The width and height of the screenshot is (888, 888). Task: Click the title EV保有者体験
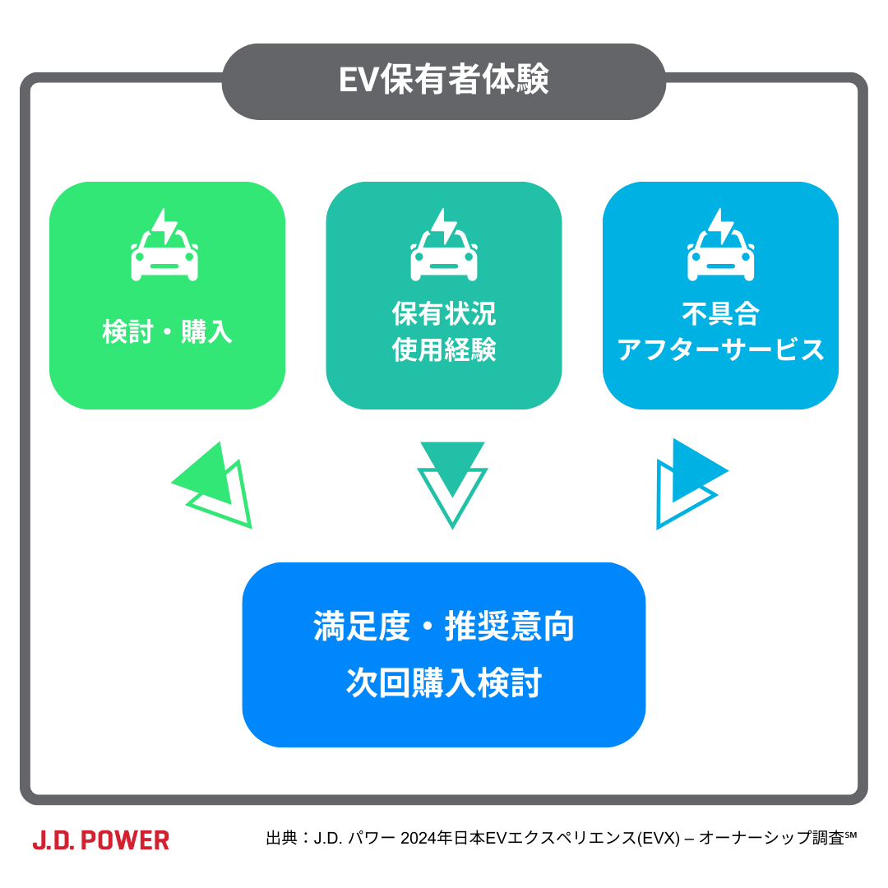443,81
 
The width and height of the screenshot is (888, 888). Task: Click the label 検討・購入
168,331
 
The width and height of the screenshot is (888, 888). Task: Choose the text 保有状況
444,314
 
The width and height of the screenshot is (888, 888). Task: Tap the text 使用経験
444,351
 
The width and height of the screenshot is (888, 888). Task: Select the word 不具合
720,314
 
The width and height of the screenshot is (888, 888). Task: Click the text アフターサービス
720,350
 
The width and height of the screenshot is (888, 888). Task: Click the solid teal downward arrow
452,459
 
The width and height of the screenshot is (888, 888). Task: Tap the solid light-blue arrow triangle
694,471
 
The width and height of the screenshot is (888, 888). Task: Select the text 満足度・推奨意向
444,627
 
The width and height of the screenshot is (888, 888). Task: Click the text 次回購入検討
444,683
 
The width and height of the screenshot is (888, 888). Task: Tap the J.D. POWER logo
101,840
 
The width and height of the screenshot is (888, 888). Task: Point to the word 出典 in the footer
282,839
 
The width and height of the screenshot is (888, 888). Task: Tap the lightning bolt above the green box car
165,224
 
